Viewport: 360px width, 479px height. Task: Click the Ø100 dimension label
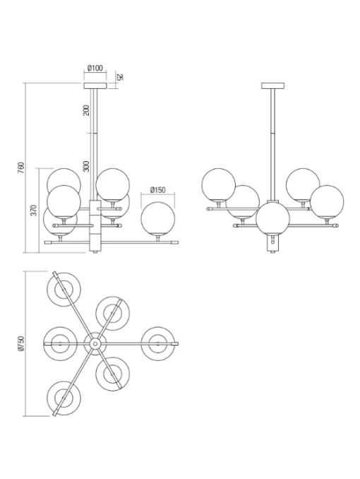coord(95,68)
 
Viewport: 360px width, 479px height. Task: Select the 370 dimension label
coord(34,211)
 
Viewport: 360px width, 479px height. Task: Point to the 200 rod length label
coord(87,110)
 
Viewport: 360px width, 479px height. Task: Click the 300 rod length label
coord(87,167)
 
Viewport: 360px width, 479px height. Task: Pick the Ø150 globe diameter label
coord(157,190)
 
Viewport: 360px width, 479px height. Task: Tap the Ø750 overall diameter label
coord(20,343)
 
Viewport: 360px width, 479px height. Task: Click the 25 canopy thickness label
coord(120,77)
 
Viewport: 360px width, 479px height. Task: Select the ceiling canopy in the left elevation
coord(95,85)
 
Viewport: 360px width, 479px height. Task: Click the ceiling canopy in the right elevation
coord(272,85)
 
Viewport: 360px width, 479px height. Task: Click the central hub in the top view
coord(95,343)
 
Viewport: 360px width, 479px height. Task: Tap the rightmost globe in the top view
coord(158,343)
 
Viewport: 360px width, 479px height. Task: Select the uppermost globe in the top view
coord(64,289)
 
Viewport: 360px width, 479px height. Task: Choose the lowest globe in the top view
coord(64,398)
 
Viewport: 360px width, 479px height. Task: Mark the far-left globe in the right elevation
coord(219,184)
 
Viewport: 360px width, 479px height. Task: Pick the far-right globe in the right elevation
coord(327,201)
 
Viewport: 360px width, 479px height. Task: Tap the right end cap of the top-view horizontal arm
coord(175,344)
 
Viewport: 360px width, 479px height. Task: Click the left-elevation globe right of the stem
coord(113,184)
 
